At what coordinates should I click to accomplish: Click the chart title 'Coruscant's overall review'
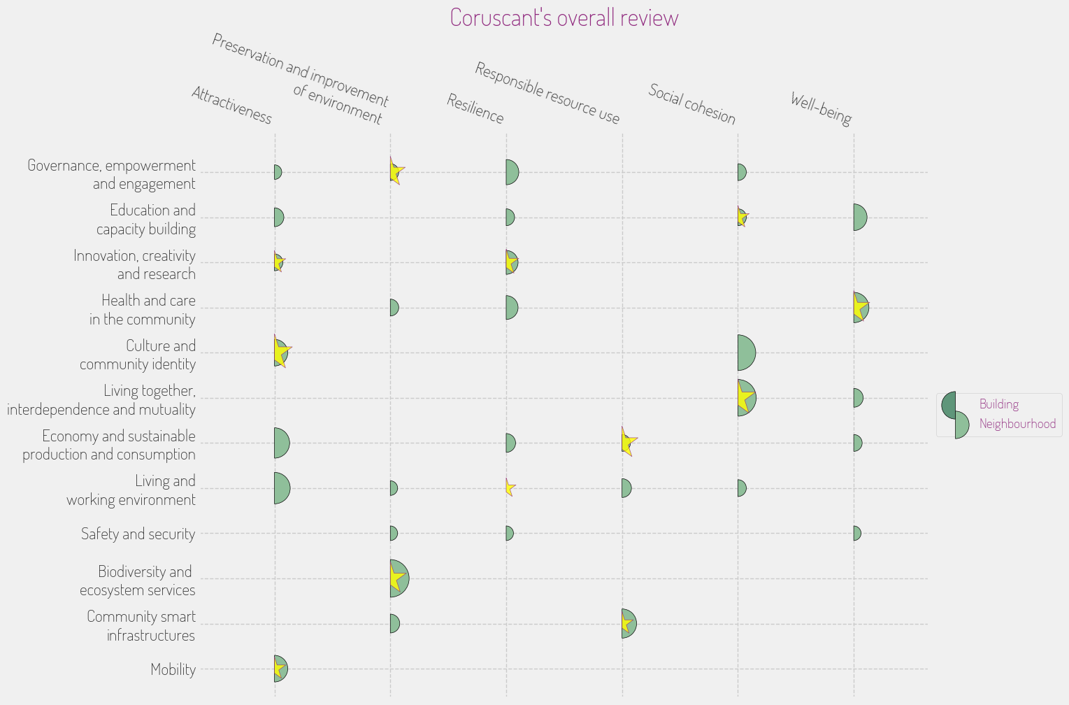coord(564,17)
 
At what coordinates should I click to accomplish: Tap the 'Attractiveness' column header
coord(231,105)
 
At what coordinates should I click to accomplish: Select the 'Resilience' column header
coord(475,108)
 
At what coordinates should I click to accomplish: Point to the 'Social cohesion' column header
coord(691,104)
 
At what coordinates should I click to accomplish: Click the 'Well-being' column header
coord(821,108)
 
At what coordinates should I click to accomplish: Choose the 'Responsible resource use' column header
coord(547,92)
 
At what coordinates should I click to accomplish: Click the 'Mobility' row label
coord(173,669)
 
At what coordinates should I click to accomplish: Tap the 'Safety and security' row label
coord(138,534)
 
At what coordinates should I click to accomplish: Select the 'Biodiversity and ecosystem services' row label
coord(138,581)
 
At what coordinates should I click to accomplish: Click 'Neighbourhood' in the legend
coord(1017,424)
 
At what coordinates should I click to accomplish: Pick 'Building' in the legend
coord(998,404)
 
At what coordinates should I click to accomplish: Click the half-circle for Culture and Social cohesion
coord(745,352)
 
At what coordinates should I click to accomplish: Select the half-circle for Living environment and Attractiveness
coord(281,488)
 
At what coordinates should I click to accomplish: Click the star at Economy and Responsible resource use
coord(627,442)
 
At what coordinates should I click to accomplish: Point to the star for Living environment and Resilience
coord(510,487)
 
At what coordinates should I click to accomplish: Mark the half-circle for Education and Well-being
coord(859,218)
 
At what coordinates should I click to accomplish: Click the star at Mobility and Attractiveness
coord(278,669)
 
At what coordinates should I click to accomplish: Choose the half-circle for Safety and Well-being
coord(856,534)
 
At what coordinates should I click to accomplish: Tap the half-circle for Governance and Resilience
coord(512,172)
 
